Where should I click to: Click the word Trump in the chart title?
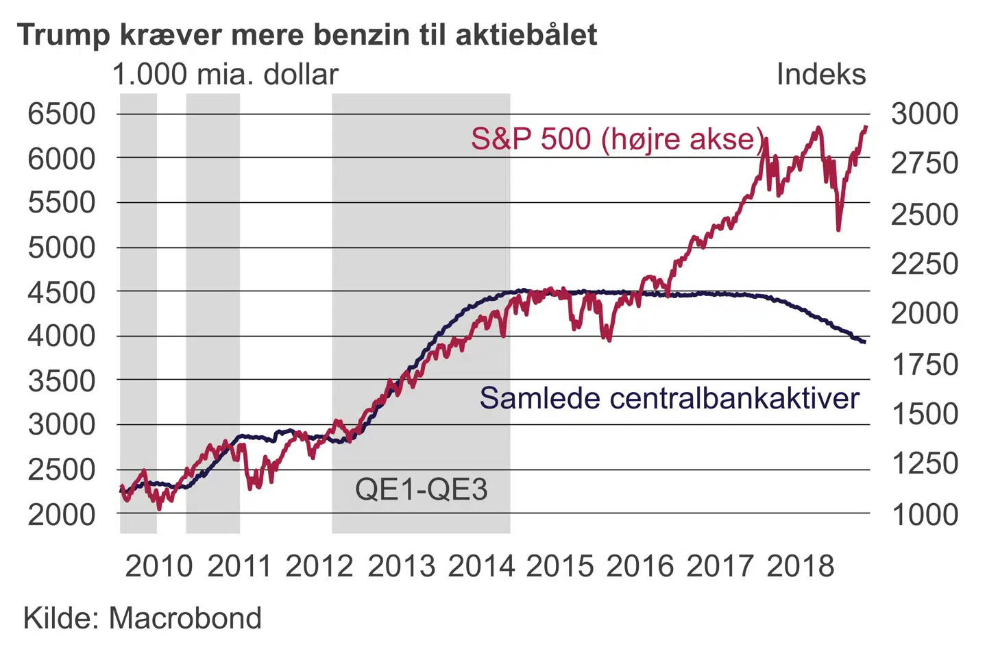pyautogui.click(x=62, y=35)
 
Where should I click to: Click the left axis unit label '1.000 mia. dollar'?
pyautogui.click(x=226, y=75)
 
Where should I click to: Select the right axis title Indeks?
pyautogui.click(x=820, y=75)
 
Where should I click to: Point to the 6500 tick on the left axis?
pyautogui.click(x=62, y=114)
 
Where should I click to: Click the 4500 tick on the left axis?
pyautogui.click(x=62, y=292)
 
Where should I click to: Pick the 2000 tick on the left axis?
pyautogui.click(x=62, y=514)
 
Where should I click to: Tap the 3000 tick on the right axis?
pyautogui.click(x=924, y=114)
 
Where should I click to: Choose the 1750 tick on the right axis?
pyautogui.click(x=924, y=365)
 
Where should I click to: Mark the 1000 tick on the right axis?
pyautogui.click(x=924, y=514)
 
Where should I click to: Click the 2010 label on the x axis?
pyautogui.click(x=158, y=567)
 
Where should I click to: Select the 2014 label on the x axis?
pyautogui.click(x=481, y=567)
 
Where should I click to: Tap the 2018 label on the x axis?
pyautogui.click(x=800, y=567)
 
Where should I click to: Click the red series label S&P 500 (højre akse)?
pyautogui.click(x=617, y=139)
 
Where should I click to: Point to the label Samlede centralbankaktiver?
pyautogui.click(x=669, y=398)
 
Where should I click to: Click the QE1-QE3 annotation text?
pyautogui.click(x=421, y=489)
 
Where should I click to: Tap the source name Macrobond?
pyautogui.click(x=185, y=618)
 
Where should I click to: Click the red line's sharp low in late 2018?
pyautogui.click(x=838, y=229)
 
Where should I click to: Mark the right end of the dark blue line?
pyautogui.click(x=864, y=341)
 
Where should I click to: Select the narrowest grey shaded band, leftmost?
pyautogui.click(x=138, y=313)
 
